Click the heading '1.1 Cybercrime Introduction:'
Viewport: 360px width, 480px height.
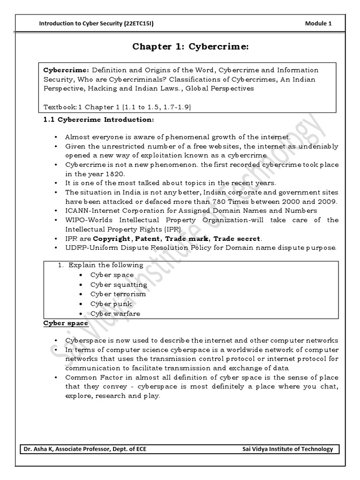pos(98,120)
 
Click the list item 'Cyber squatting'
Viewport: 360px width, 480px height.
pos(119,285)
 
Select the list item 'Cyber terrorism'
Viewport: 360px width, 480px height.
pos(118,294)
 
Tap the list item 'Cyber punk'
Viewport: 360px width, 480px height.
pos(111,304)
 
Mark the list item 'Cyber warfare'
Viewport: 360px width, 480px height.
pos(115,314)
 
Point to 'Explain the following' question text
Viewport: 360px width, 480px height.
pos(106,265)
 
